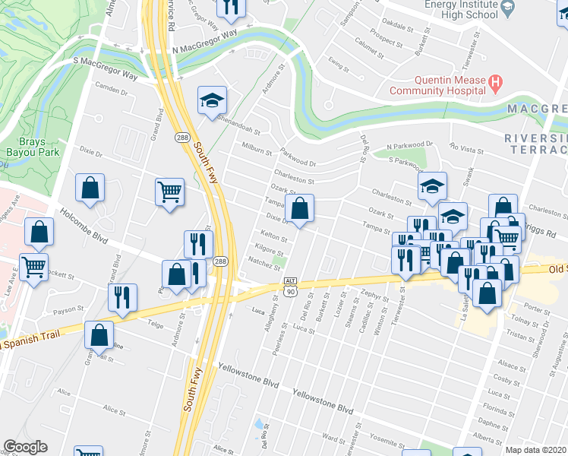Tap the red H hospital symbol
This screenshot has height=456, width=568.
tap(495, 81)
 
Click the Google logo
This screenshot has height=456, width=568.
tap(24, 447)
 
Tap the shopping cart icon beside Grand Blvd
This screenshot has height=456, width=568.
tap(169, 192)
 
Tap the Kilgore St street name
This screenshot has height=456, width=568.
tap(270, 249)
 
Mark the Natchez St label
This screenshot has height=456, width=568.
tap(265, 261)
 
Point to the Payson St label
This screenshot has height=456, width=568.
tap(68, 312)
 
